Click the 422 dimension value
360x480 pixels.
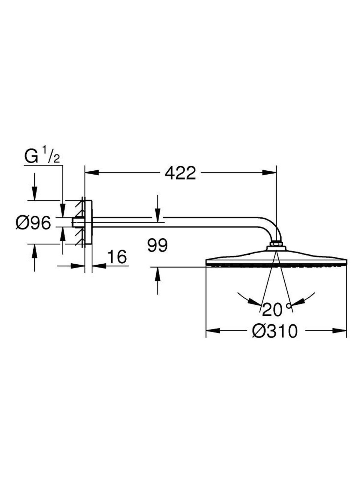coord(180,173)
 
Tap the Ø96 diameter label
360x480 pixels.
coord(33,223)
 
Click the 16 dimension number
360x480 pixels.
coord(117,257)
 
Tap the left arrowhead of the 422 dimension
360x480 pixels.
coord(92,172)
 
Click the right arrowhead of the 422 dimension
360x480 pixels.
coord(269,172)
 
